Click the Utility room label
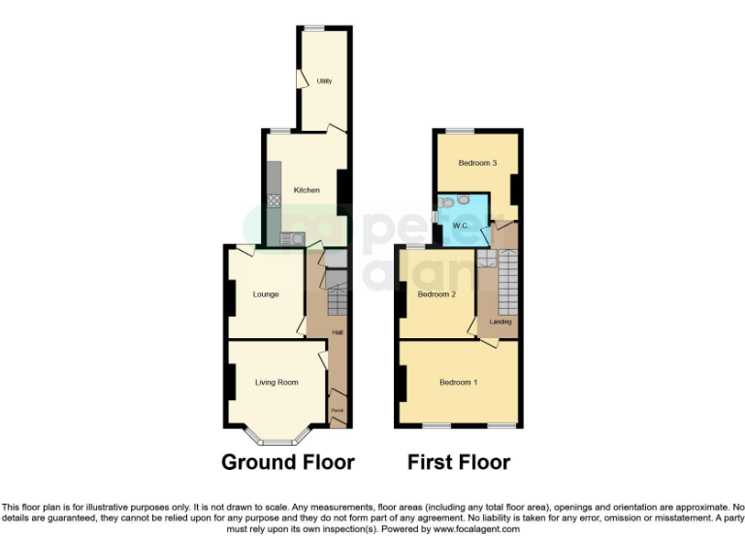point(324,81)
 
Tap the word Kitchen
point(307,190)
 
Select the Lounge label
point(266,294)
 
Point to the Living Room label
point(276,383)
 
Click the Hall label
point(338,332)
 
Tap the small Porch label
point(338,411)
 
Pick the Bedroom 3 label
point(477,163)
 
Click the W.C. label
point(460,226)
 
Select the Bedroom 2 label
point(437,294)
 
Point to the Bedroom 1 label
point(458,383)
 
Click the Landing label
point(501,321)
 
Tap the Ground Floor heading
point(288,462)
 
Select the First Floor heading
point(459,462)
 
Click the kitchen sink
point(290,238)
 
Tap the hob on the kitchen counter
point(274,201)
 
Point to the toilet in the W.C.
point(464,201)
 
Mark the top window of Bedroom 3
point(460,130)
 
